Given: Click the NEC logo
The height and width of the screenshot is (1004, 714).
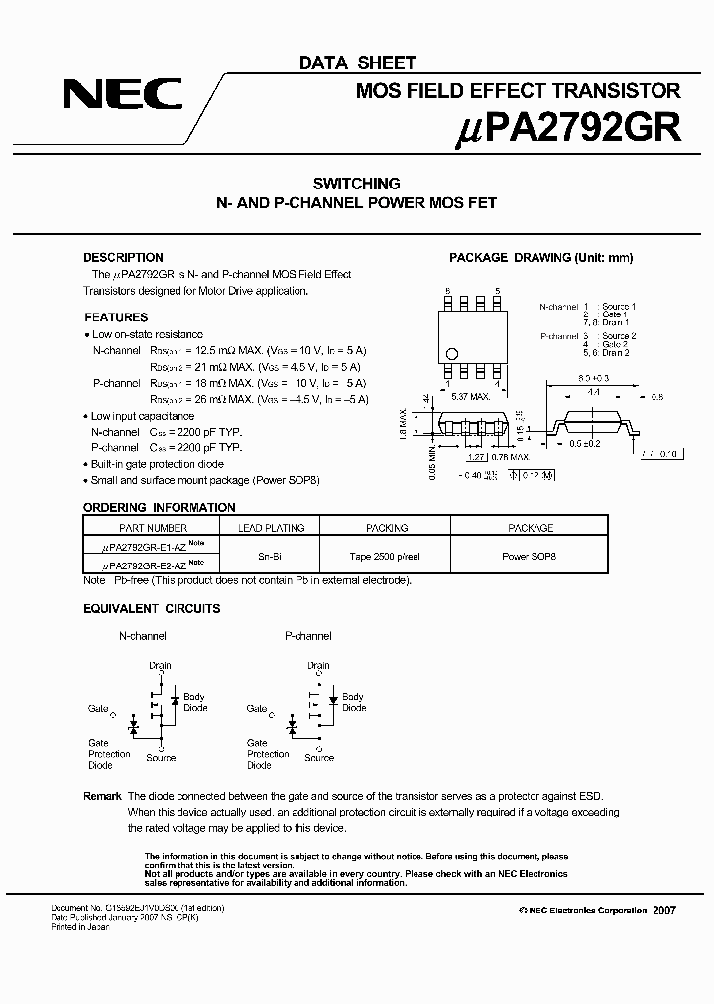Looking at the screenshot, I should pos(123,94).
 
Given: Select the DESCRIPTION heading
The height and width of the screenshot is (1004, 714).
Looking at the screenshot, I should pos(123,258).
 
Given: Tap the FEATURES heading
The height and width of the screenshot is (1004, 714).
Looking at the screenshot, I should pos(116,318).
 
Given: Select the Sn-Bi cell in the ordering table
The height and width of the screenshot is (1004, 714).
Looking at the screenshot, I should pos(265,557).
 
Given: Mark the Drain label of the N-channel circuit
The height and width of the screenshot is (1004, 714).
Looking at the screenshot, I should pos(160,666).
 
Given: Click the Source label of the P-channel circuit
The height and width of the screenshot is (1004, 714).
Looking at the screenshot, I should pos(319,758).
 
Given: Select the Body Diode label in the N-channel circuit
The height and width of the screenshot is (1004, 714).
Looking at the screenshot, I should pos(194,703).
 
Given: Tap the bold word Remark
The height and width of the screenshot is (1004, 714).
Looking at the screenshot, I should pos(102,796).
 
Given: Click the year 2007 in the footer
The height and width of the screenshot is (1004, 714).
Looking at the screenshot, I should pos(664,910).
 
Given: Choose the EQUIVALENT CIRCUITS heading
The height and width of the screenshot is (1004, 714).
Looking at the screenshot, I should pos(152,608).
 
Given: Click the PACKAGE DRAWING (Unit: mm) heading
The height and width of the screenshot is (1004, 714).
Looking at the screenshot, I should pos(540,258).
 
